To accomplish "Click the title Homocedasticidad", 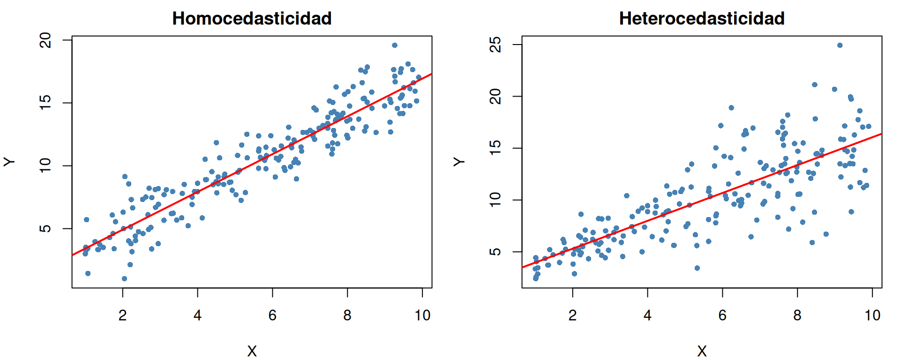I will [x=252, y=19].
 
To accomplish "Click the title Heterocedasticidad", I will [x=702, y=19].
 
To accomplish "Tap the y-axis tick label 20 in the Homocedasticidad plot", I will [x=45, y=40].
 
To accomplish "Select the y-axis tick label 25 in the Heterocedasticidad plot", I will [x=495, y=45].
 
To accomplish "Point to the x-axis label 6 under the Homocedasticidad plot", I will [x=272, y=315].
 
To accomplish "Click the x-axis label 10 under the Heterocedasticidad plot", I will [x=872, y=315].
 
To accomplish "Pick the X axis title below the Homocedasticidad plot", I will [x=252, y=351].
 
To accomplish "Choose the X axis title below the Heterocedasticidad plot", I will [x=702, y=351].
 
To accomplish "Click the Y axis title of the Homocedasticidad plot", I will [x=9, y=162].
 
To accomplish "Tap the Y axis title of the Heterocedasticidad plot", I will [x=459, y=162].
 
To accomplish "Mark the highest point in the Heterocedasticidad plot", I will [x=840, y=45].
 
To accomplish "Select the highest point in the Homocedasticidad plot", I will [x=395, y=45].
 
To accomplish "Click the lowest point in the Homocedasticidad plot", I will [x=124, y=279].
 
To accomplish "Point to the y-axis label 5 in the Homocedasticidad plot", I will [x=45, y=228].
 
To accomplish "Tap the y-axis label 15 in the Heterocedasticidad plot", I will [x=495, y=148].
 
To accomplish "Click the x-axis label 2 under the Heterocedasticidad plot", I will [x=572, y=315].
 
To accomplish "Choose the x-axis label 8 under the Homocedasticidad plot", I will [x=347, y=315].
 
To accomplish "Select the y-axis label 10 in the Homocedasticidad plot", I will [x=45, y=165].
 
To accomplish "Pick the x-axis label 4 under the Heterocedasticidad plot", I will [x=647, y=315].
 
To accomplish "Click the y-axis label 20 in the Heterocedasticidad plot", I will [x=495, y=97].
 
